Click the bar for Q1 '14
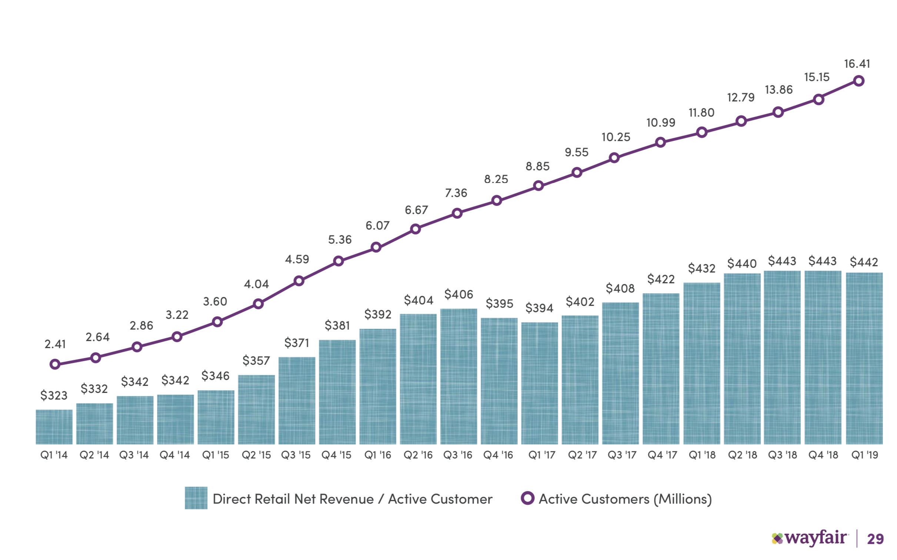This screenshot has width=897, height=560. [54, 427]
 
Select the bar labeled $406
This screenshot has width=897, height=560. [458, 376]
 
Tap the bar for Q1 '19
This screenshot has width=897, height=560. [864, 358]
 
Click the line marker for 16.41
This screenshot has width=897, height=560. [858, 81]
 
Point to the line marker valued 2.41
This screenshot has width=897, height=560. [55, 364]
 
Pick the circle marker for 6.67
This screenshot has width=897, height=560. [416, 229]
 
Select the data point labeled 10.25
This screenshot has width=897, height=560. [614, 158]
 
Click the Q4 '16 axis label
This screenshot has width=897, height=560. [498, 455]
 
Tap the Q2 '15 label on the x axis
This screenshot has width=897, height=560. [256, 455]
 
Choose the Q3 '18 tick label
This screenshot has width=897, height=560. [782, 455]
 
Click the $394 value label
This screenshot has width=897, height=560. [539, 308]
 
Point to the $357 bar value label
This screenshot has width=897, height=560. [256, 360]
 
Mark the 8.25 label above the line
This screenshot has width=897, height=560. [496, 179]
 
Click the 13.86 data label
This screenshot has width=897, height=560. [778, 90]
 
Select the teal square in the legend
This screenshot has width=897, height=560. [196, 498]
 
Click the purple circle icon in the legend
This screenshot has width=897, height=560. [527, 498]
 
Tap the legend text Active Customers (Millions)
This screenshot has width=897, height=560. [625, 499]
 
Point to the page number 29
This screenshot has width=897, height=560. [875, 539]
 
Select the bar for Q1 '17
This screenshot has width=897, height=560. [539, 383]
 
